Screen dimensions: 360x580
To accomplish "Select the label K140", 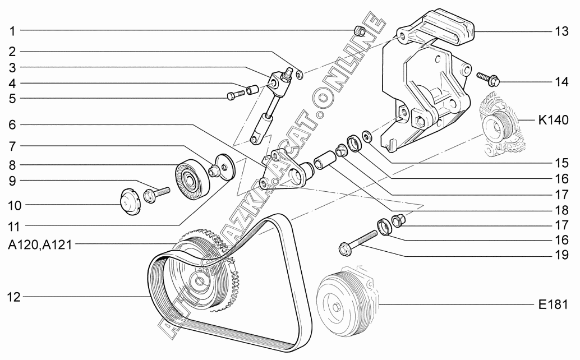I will pyautogui.click(x=554, y=119).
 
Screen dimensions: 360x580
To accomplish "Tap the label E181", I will pyautogui.click(x=557, y=304).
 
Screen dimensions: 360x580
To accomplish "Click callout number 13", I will pyautogui.click(x=562, y=32).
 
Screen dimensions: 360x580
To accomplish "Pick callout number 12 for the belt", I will pyautogui.click(x=13, y=297).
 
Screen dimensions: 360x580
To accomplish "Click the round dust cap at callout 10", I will pyautogui.click(x=130, y=202).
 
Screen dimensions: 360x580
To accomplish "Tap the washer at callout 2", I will pyautogui.click(x=300, y=73).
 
